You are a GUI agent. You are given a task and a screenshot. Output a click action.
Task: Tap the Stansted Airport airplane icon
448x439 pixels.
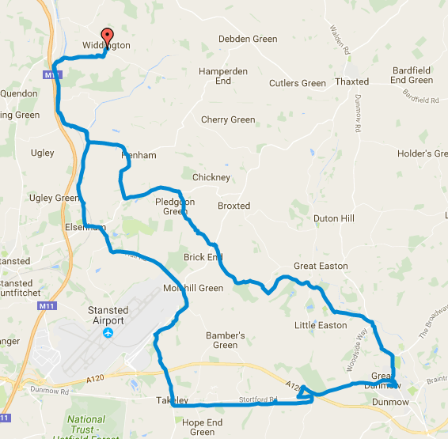tap(108, 334)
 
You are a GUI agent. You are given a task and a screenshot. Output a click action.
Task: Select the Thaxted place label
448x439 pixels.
tap(351, 81)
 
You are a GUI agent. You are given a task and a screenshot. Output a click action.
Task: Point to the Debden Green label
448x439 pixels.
tap(247, 38)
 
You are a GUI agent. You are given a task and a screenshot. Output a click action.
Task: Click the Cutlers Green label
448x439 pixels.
tap(297, 83)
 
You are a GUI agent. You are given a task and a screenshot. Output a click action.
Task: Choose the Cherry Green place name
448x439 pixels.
tap(228, 120)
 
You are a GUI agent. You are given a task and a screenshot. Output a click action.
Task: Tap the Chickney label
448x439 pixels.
tap(211, 177)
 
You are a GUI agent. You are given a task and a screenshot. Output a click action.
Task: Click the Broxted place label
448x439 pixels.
tap(233, 206)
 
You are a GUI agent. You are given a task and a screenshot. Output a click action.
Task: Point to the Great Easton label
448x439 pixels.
tap(321, 266)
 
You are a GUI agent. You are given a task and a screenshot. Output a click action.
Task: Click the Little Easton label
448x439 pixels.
tap(321, 325)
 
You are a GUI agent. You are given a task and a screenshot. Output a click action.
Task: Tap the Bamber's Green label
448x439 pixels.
tap(225, 340)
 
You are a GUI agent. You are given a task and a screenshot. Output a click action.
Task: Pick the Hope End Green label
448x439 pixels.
tap(203, 427)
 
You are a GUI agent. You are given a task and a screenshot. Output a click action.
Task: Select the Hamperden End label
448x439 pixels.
tap(224, 76)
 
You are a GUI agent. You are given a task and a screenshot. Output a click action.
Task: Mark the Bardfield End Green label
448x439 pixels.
tap(412, 75)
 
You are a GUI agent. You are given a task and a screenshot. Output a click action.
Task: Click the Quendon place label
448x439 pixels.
tap(19, 93)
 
